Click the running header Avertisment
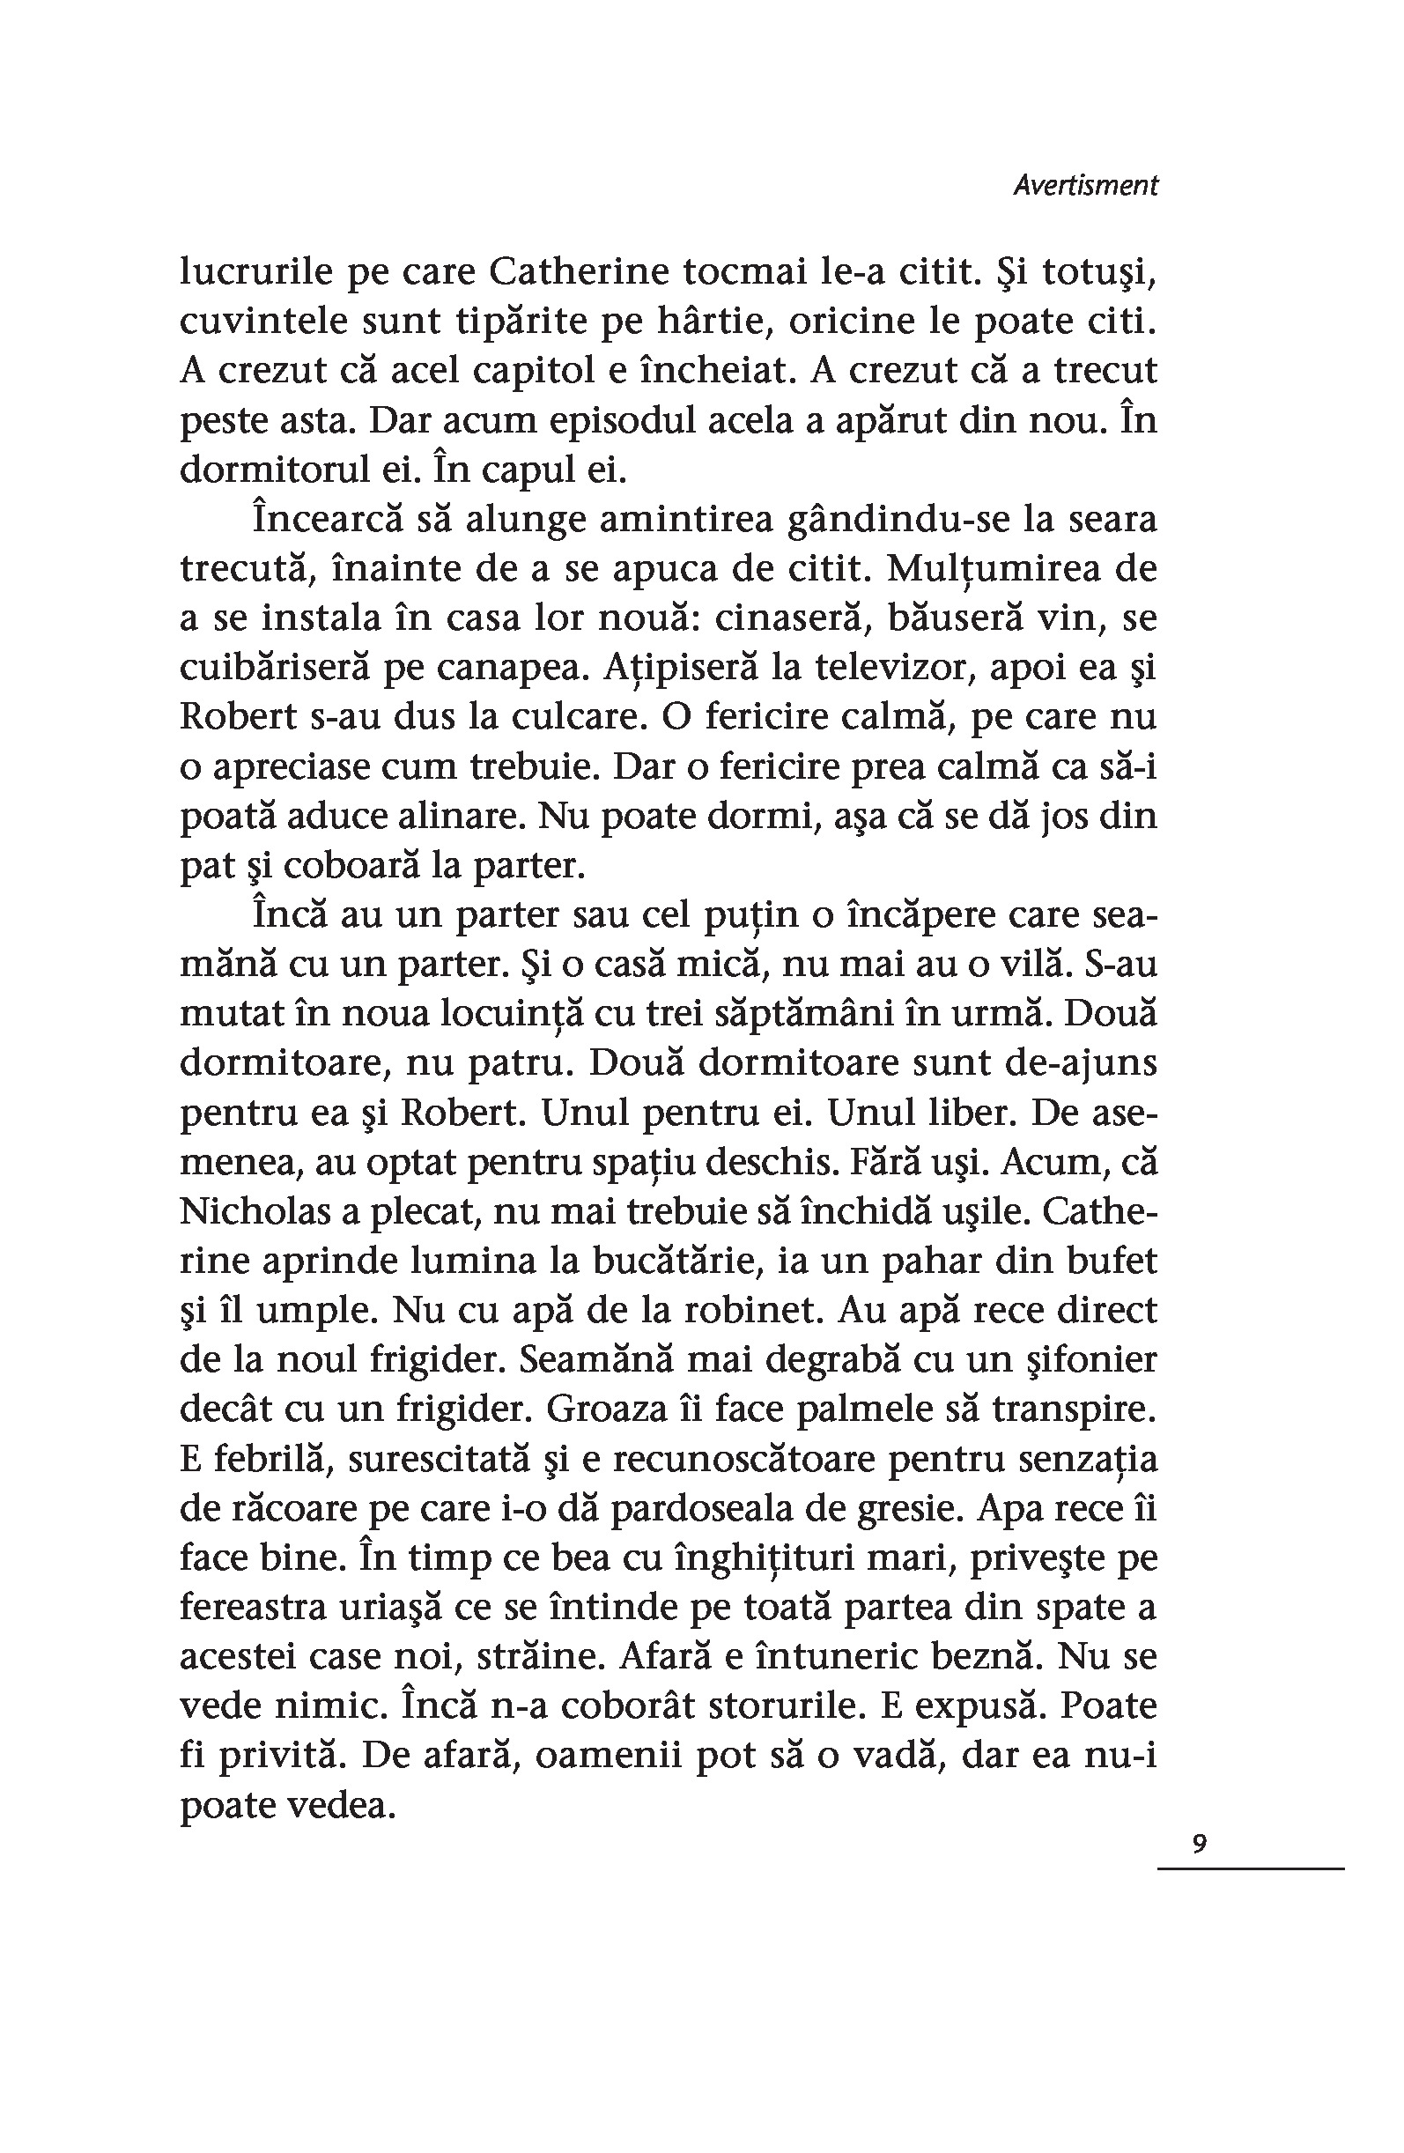[x=1084, y=186]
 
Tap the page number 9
[x=1200, y=1844]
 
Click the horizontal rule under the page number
[x=1250, y=1868]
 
